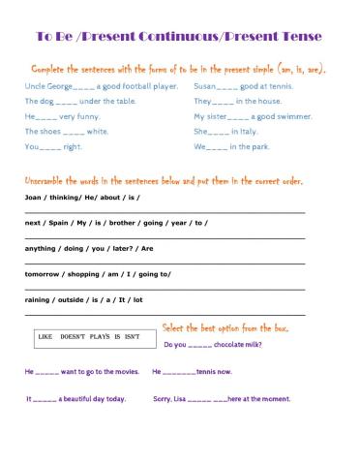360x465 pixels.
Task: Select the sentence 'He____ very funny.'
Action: tap(60, 116)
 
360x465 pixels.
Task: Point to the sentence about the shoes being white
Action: tap(66, 132)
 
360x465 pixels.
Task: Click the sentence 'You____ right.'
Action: tap(53, 146)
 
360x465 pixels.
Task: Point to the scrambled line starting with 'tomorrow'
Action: tap(98, 274)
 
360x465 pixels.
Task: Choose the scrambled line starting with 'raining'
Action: tap(83, 299)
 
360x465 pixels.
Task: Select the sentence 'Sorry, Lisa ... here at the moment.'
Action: tap(222, 398)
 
